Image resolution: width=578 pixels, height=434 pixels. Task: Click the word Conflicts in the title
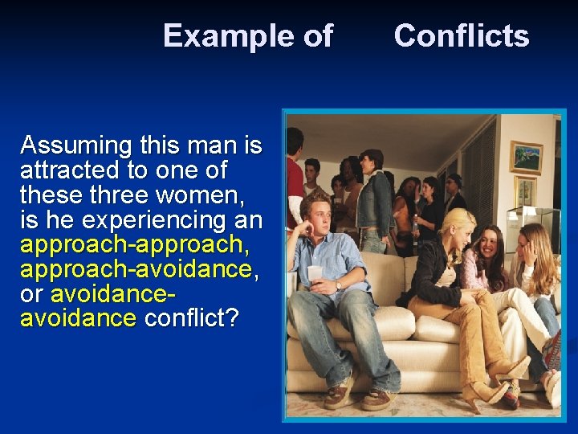(x=462, y=36)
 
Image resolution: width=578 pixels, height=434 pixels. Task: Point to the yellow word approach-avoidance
(x=136, y=269)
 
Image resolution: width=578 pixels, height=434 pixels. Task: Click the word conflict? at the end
(x=190, y=318)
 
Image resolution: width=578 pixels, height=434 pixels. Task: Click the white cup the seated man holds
(x=315, y=272)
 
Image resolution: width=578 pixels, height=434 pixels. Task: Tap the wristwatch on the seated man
(x=339, y=285)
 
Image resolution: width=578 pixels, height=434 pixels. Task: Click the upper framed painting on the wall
(x=526, y=158)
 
